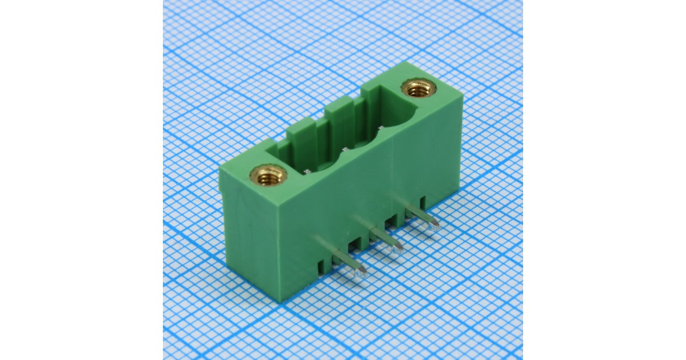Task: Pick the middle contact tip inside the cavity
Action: [x=345, y=150]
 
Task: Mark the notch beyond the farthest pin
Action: [x=422, y=202]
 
